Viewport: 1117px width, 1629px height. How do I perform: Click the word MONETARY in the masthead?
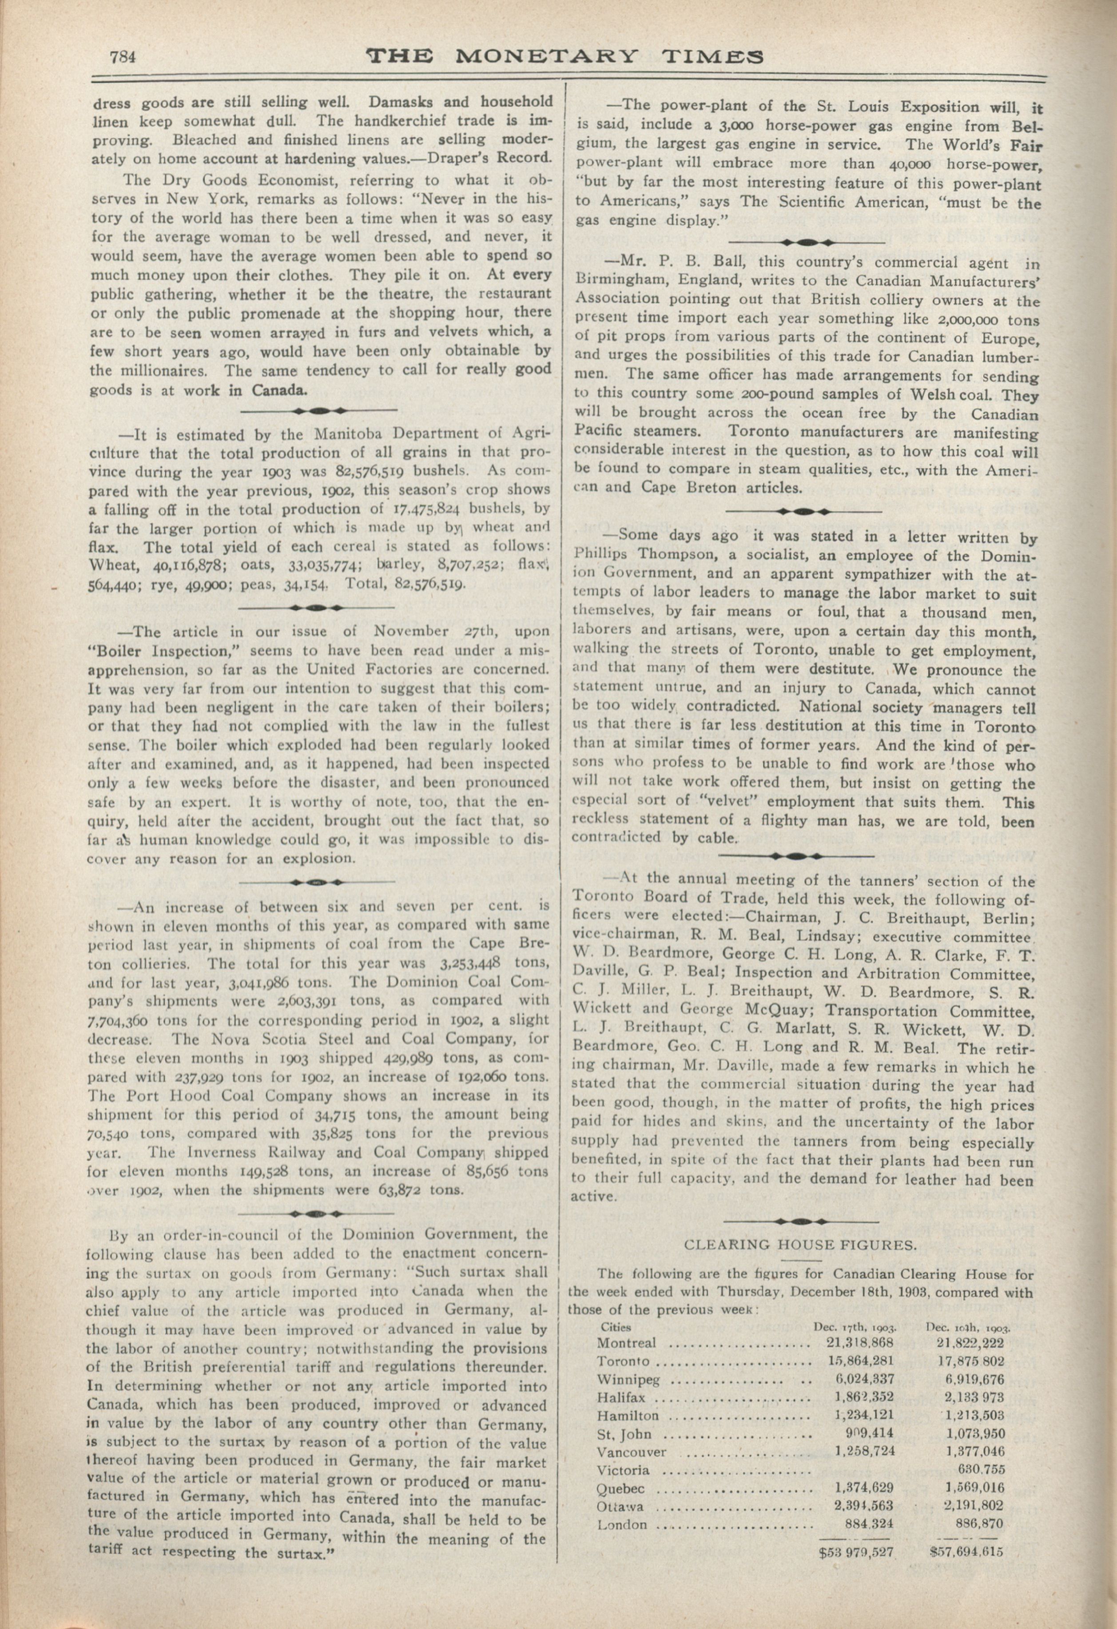545,56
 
